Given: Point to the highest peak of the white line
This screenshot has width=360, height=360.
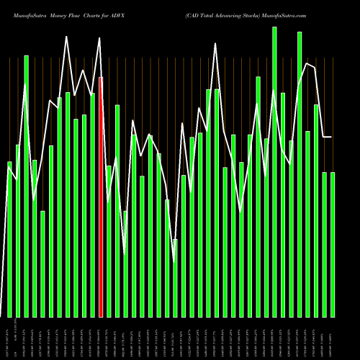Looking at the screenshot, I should click(67, 37).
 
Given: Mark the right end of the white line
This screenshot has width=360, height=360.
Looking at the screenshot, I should click(332, 137).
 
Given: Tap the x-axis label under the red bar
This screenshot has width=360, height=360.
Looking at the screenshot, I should click(101, 337).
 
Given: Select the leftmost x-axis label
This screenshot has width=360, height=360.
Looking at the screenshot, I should click(9, 337).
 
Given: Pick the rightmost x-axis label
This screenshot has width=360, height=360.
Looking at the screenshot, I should click(333, 337).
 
